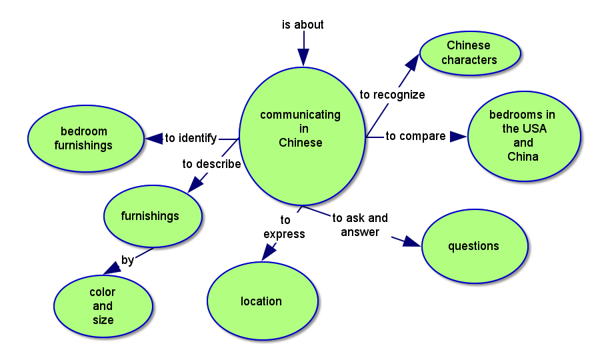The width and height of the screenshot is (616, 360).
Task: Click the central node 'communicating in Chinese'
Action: pos(301,136)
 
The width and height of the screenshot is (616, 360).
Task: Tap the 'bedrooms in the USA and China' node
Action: pos(524,136)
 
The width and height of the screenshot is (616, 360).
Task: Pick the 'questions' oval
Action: pos(474,246)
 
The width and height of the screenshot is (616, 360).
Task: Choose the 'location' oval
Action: pos(262,301)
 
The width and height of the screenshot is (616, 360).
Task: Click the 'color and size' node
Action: pos(103,306)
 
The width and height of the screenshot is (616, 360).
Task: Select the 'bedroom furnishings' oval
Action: pos(85,139)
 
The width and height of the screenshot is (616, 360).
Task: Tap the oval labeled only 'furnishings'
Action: pos(152,216)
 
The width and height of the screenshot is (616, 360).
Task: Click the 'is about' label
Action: pos(303,25)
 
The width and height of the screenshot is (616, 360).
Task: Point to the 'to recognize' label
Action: pos(392,95)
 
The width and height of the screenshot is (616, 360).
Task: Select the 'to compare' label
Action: pos(415,136)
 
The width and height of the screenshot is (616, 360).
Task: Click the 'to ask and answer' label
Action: pos(360,225)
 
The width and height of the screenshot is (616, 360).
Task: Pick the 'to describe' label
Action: pos(211,164)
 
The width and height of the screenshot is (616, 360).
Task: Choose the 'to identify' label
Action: pos(191,138)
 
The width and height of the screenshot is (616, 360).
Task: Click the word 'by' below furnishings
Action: pos(127,260)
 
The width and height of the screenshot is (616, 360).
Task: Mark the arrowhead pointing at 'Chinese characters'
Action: pos(412,63)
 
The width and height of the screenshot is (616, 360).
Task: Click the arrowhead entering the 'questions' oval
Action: pos(413,241)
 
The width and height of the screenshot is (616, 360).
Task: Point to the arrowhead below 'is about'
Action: pos(303,58)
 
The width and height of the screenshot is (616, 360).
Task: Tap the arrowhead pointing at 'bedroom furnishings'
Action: pos(154,139)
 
